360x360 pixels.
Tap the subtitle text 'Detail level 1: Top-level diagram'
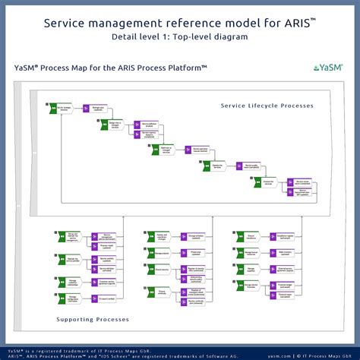[180, 36]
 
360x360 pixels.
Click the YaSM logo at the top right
[328, 68]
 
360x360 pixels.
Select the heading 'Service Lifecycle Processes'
[267, 105]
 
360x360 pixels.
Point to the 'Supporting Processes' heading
[92, 319]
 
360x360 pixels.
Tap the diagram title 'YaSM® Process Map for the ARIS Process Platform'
[111, 68]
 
